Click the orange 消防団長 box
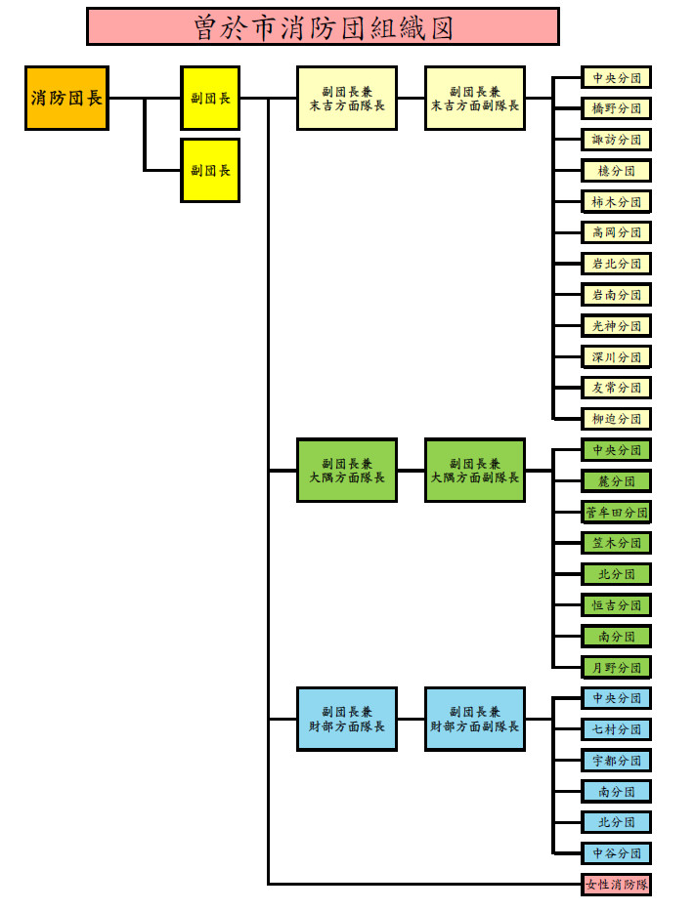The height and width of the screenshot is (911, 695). (x=66, y=98)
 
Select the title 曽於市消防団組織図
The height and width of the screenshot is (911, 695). (x=323, y=26)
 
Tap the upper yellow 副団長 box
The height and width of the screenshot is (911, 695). (x=210, y=98)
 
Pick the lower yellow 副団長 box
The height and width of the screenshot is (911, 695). (x=210, y=170)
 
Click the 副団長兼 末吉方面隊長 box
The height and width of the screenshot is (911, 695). (x=347, y=98)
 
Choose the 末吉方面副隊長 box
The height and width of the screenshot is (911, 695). (x=475, y=98)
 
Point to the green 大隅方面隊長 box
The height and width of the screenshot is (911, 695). (x=347, y=471)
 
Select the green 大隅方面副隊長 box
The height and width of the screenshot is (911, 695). (x=475, y=471)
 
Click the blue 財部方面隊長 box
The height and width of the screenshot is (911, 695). (x=347, y=719)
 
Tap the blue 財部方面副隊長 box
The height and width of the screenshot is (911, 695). (x=475, y=719)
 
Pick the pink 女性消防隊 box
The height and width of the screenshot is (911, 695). (x=617, y=885)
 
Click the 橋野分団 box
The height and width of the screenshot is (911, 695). (x=617, y=108)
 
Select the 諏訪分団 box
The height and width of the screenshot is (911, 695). (x=617, y=140)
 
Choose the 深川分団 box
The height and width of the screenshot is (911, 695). (x=617, y=356)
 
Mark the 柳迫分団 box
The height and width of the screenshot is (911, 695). (x=617, y=419)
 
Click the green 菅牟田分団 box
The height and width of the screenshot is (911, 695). (x=617, y=512)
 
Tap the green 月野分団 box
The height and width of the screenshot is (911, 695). (x=617, y=668)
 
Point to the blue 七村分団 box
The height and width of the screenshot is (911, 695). (x=617, y=729)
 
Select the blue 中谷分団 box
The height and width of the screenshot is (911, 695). (x=617, y=853)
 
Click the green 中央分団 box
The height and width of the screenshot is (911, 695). (x=617, y=450)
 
